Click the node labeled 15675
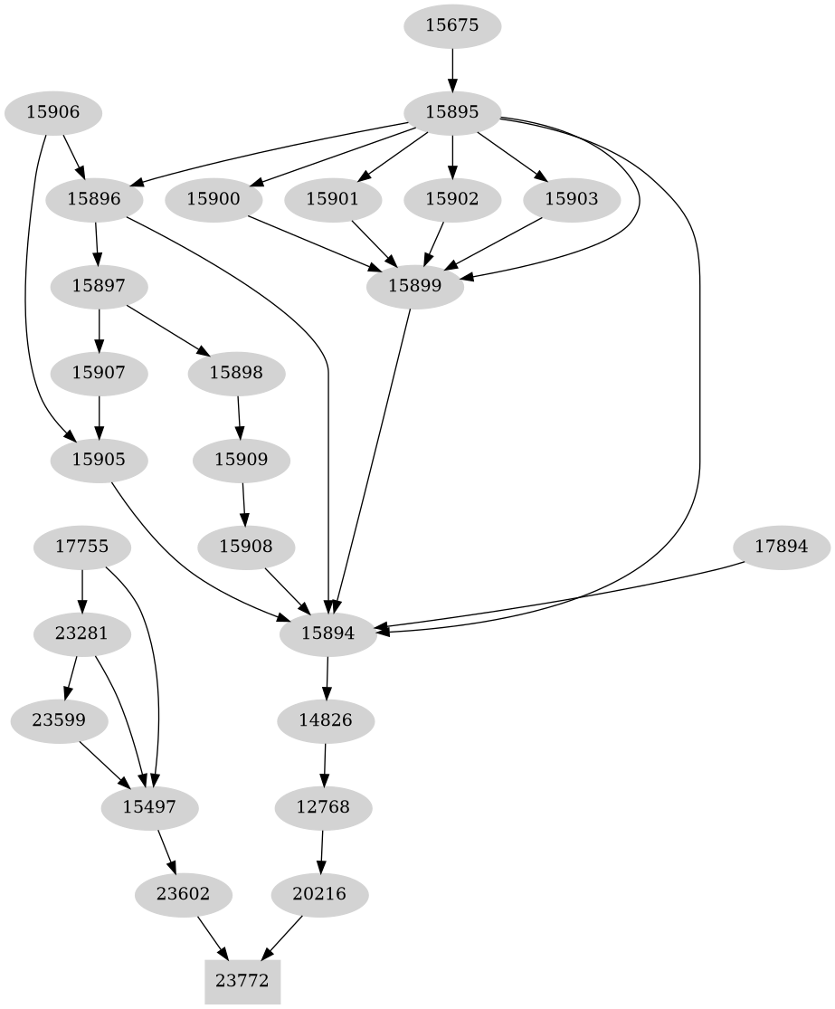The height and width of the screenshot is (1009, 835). [x=451, y=25]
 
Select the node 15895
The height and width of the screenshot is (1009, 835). [x=451, y=112]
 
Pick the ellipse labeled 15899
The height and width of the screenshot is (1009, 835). [x=414, y=286]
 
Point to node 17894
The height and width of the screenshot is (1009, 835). [x=781, y=547]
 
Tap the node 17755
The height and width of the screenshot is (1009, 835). [x=82, y=547]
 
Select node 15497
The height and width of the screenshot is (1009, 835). [x=150, y=805]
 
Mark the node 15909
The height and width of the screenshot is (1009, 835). [x=242, y=460]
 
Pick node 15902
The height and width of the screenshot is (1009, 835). [x=451, y=199]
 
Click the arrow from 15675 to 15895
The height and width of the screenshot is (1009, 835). [x=451, y=69]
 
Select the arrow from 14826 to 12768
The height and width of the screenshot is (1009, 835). [x=325, y=763]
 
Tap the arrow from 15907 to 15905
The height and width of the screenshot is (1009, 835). [x=99, y=416]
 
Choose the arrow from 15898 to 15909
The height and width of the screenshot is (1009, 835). [x=239, y=416]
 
